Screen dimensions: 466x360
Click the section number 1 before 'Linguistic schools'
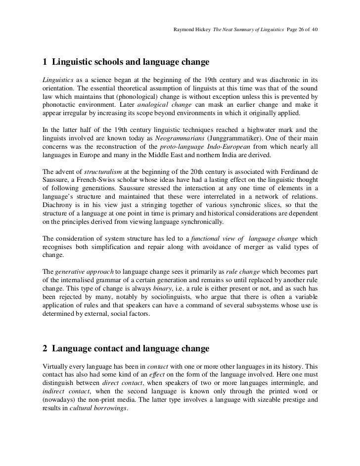coord(45,63)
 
